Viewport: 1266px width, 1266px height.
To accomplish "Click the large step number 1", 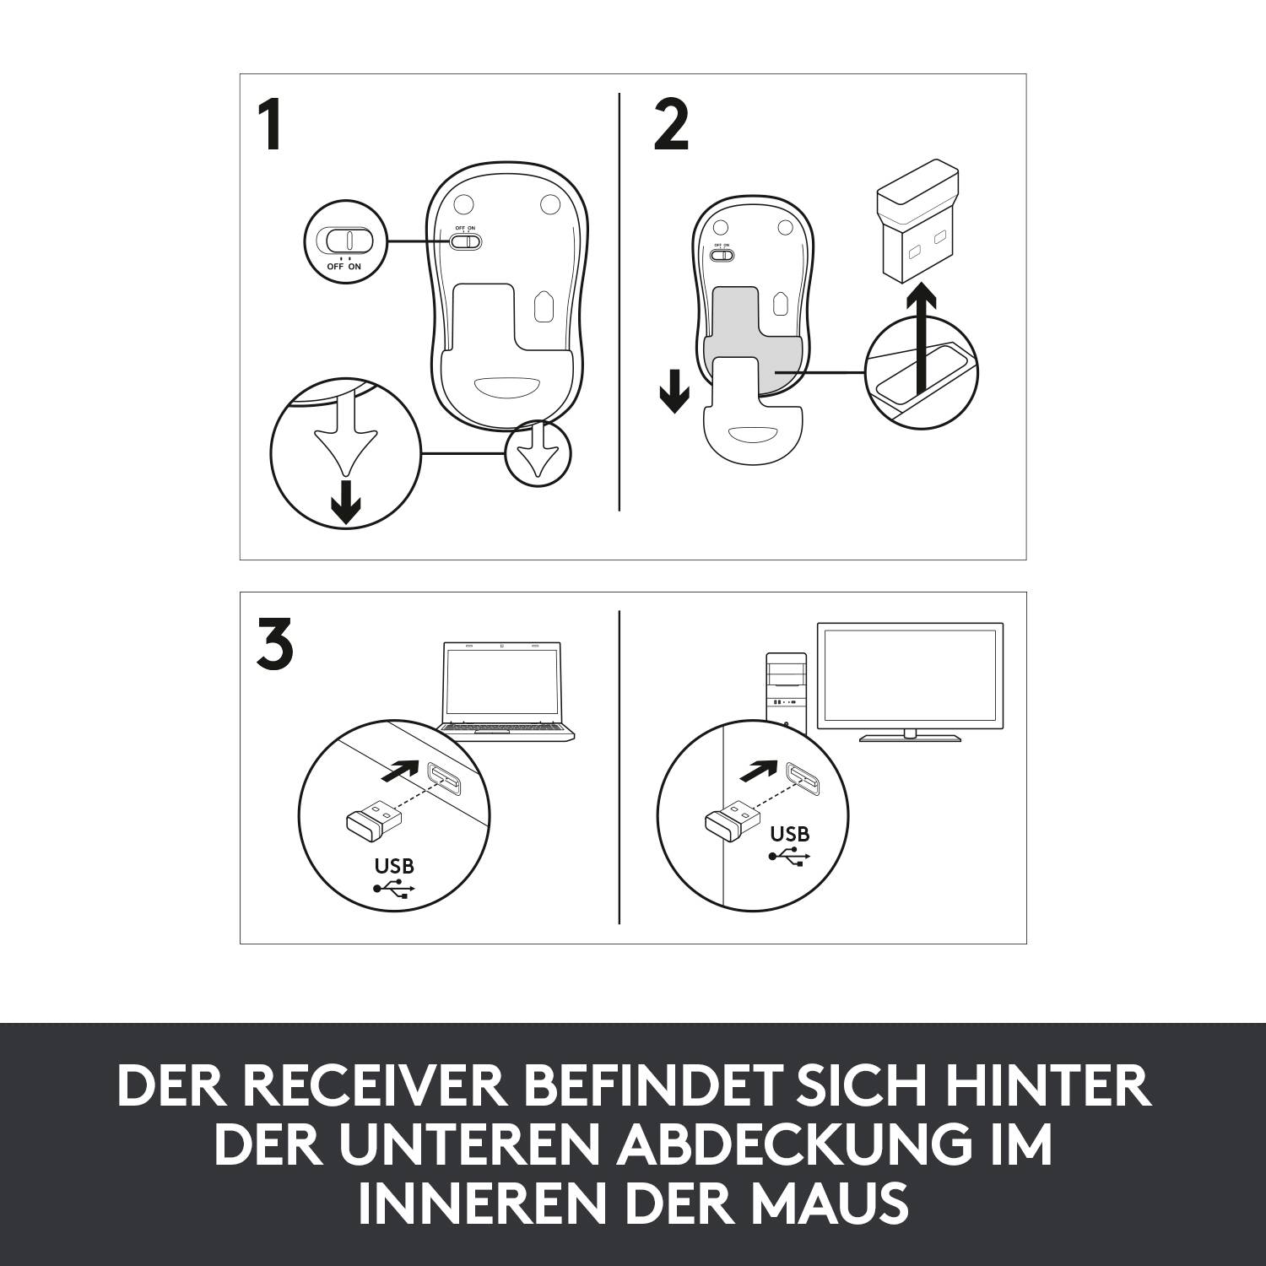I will tap(270, 126).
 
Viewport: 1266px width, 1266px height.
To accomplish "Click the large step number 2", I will tap(671, 126).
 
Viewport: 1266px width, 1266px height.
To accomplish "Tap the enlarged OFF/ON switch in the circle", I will tap(344, 241).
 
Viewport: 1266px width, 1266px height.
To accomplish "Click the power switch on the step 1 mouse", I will tap(466, 241).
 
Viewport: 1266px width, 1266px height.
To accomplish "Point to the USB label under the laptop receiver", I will tap(394, 866).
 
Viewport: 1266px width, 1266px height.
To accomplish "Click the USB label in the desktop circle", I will tap(790, 834).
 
